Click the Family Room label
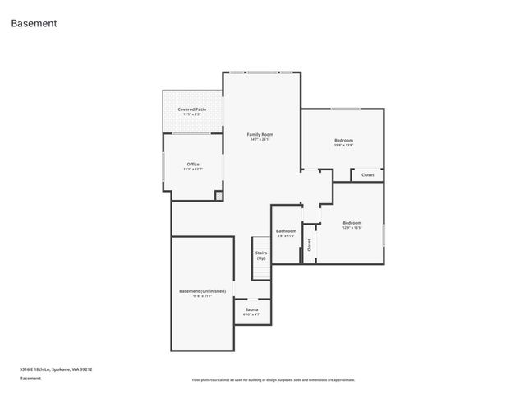(260, 134)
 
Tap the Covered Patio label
(192, 109)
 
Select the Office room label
(193, 164)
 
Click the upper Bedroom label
(343, 141)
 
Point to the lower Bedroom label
(352, 222)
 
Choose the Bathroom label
(286, 231)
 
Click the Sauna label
(251, 309)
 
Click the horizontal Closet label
(367, 174)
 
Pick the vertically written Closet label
(310, 244)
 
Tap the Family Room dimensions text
(260, 139)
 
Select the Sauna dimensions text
(251, 314)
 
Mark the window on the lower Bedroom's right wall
(384, 233)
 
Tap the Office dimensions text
(193, 169)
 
